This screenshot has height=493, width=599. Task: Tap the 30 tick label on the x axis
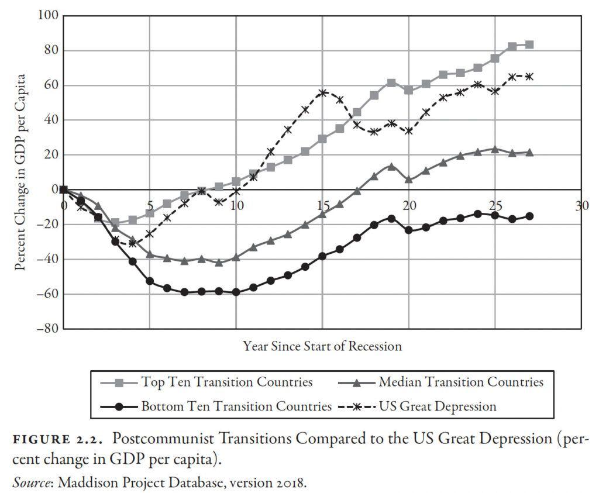[x=581, y=205]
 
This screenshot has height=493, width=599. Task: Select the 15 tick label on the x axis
[x=322, y=205]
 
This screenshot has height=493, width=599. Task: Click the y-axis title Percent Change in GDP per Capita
[x=21, y=172]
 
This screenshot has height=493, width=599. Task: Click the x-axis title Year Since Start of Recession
[x=322, y=346]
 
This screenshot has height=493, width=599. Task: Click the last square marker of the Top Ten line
[x=529, y=44]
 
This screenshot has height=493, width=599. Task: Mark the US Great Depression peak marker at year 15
[x=322, y=93]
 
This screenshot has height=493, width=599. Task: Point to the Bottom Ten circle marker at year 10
[x=236, y=292]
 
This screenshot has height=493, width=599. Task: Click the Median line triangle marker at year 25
[x=495, y=149]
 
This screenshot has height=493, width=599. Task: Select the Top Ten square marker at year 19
[x=391, y=83]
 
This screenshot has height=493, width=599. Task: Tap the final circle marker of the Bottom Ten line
[x=529, y=216]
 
